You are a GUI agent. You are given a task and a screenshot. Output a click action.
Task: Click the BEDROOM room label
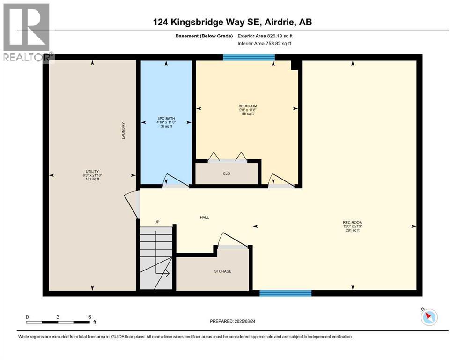tap(247, 106)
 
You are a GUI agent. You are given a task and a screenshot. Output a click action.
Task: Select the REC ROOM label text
tap(353, 222)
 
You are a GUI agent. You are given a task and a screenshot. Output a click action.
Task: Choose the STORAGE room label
tap(223, 271)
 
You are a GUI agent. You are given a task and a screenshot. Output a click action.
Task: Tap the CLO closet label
tap(226, 173)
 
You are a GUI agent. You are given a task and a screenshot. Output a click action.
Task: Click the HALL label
tap(204, 217)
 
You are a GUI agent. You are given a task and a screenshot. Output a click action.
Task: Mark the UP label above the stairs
tap(157, 222)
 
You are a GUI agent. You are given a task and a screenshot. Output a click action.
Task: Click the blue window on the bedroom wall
tap(249, 58)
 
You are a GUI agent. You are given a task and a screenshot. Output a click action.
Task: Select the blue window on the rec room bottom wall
tap(286, 293)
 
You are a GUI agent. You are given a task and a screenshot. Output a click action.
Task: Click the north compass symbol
tap(428, 317)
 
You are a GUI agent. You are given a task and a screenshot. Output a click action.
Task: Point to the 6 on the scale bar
tap(89, 317)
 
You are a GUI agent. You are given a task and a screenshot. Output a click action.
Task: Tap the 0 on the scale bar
tap(27, 317)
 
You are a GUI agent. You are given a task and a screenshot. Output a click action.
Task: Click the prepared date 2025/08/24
tap(253, 321)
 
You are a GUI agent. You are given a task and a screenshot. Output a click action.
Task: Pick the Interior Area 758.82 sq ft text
tap(265, 44)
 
